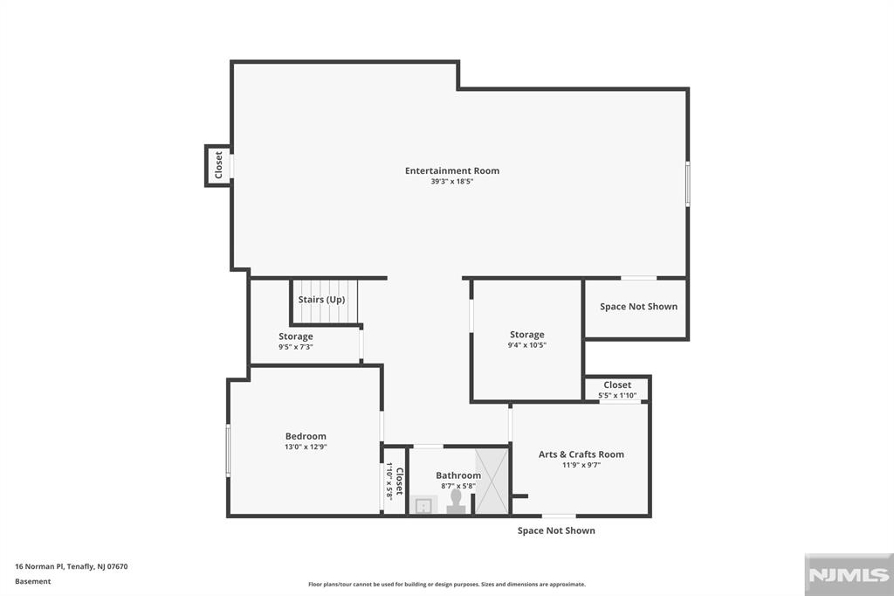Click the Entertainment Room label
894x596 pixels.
click(x=451, y=170)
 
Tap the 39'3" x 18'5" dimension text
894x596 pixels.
click(x=451, y=182)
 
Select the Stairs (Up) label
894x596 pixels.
click(x=321, y=300)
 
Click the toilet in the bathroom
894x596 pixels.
click(x=456, y=501)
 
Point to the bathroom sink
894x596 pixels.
click(x=423, y=505)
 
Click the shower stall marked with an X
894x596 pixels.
click(x=491, y=480)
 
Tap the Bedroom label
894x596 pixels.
click(x=306, y=436)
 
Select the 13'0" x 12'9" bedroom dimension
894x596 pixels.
click(x=306, y=447)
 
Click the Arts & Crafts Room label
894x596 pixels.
click(x=581, y=454)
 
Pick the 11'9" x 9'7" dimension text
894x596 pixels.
click(x=581, y=465)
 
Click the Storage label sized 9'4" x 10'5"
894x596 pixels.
click(x=526, y=335)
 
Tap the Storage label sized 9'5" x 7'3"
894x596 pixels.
click(x=295, y=336)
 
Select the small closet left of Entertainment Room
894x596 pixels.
click(x=218, y=165)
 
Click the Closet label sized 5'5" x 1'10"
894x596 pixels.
click(x=616, y=385)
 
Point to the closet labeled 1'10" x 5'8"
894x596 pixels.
click(x=395, y=481)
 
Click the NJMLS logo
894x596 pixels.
click(x=848, y=574)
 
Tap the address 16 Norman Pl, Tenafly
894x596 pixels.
click(x=72, y=566)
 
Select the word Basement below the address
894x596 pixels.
click(x=33, y=581)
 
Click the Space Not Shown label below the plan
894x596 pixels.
click(x=556, y=530)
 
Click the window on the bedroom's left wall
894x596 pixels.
click(x=228, y=450)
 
